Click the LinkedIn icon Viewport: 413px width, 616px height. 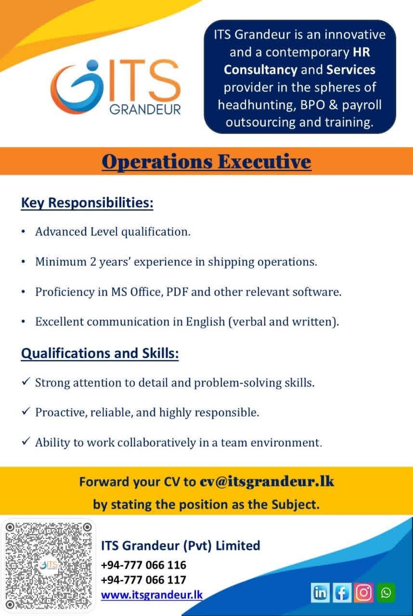(x=320, y=592)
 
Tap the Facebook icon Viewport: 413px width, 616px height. (x=342, y=592)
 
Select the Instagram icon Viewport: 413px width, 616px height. (x=363, y=592)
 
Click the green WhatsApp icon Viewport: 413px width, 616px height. (x=386, y=592)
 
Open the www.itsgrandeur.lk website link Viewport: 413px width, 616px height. (x=152, y=595)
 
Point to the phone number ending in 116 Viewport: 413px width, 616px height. (x=143, y=565)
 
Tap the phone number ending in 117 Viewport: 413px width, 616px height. (x=143, y=580)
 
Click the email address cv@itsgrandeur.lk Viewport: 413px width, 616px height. (x=267, y=482)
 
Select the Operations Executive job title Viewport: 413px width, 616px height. (x=206, y=162)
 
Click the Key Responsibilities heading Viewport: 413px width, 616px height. (x=87, y=203)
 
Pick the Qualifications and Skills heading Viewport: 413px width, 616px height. (x=100, y=353)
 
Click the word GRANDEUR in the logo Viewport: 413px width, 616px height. (x=145, y=109)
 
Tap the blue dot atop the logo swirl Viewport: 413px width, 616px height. (x=92, y=66)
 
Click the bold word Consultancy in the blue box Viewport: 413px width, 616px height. (x=260, y=70)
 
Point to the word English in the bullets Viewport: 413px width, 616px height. (x=206, y=322)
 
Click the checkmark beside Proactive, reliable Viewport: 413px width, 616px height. (x=26, y=411)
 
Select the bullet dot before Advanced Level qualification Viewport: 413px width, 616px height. (x=24, y=231)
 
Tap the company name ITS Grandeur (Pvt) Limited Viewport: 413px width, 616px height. (x=181, y=546)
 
